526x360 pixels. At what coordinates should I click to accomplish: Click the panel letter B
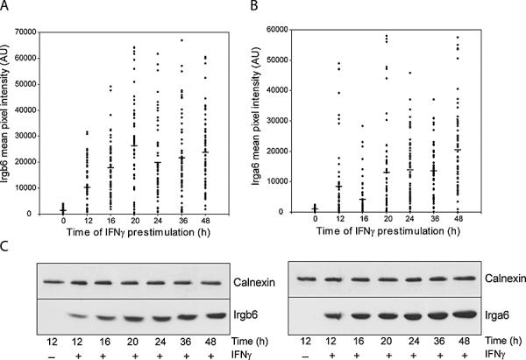(274, 7)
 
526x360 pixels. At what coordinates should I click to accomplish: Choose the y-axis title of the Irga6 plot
(277, 122)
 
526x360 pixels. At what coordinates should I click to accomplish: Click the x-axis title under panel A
(136, 235)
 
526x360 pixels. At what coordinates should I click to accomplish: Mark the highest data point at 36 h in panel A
(182, 40)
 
